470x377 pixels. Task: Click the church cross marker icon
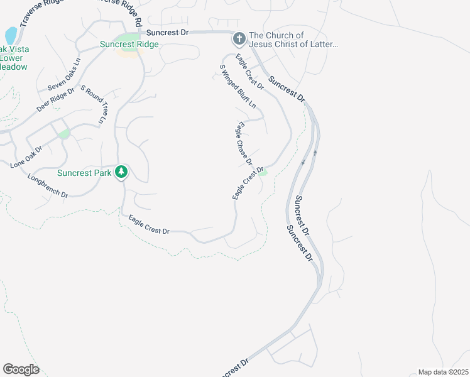239,40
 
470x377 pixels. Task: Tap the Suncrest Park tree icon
121,172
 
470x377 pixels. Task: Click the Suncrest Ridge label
129,45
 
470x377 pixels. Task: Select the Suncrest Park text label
84,173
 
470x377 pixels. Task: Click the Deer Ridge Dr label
55,99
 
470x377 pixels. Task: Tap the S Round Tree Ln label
94,105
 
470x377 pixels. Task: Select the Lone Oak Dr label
26,157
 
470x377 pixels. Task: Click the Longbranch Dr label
48,186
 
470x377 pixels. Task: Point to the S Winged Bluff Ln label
238,86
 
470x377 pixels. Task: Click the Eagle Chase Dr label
244,143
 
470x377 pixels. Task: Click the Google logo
21,369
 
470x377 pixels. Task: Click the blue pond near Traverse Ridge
11,35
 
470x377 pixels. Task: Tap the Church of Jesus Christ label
294,40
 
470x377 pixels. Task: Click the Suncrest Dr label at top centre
167,32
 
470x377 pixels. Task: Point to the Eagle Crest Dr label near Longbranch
149,224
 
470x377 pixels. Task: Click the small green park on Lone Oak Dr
63,134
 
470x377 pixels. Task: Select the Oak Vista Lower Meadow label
14,58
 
